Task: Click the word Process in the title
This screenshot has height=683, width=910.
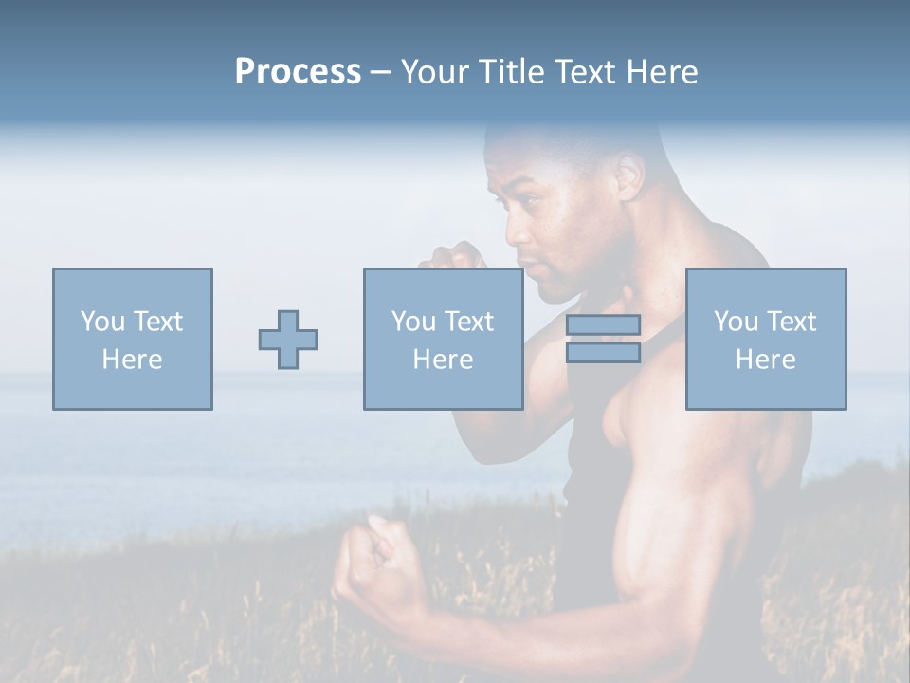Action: [298, 72]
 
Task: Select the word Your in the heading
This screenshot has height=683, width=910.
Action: [434, 72]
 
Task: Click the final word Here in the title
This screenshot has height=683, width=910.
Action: [664, 72]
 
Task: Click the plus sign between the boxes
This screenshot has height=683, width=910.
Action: [288, 340]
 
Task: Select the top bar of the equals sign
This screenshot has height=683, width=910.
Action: [603, 324]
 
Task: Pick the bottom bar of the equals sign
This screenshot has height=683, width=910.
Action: [603, 353]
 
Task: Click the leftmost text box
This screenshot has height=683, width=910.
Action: [132, 339]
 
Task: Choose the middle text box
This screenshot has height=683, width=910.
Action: [443, 339]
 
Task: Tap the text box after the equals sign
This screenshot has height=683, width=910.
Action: [766, 339]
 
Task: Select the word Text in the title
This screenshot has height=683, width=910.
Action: [584, 72]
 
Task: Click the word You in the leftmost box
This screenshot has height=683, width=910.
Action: [102, 322]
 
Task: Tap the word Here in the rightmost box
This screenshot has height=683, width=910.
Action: [766, 360]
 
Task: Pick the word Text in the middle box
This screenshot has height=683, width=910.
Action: [468, 322]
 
